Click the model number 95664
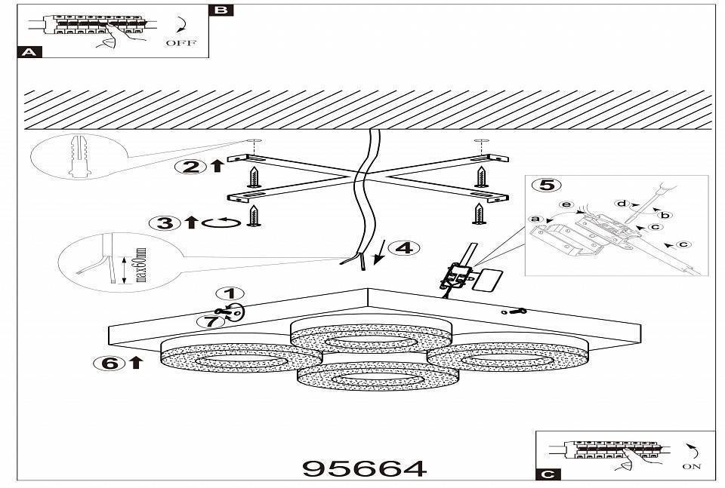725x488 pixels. coord(365,468)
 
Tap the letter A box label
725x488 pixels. coord(29,52)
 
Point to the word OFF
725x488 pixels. coord(180,43)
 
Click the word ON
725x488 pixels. coord(691,467)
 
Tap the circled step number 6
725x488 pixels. coord(108,363)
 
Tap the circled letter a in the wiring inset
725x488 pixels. coord(536,219)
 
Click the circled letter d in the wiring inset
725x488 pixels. coord(622,203)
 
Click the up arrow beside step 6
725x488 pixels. coord(135,363)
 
